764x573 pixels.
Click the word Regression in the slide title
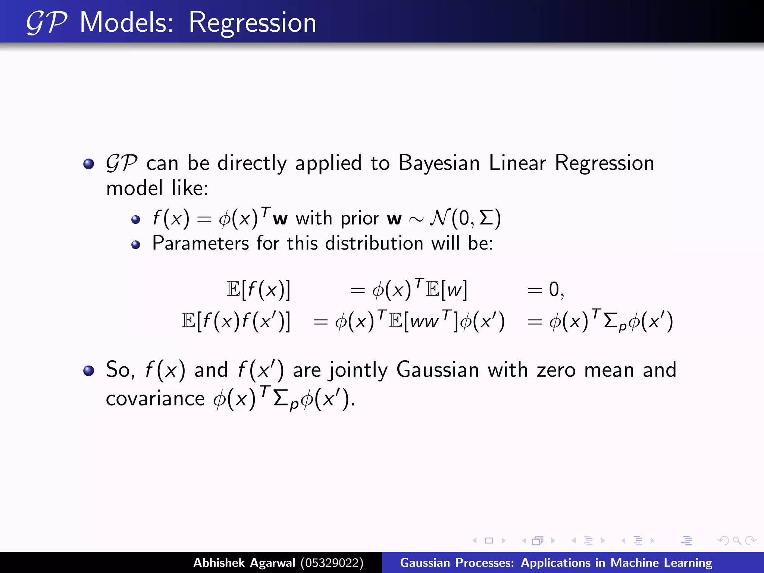click(252, 23)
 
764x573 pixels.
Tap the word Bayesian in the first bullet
click(439, 163)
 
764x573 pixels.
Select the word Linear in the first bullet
click(517, 163)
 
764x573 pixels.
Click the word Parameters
click(200, 244)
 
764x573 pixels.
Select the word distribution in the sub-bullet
click(374, 244)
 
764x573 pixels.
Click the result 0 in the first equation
click(554, 289)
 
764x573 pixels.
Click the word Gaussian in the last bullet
click(437, 370)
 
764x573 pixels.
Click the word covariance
click(155, 399)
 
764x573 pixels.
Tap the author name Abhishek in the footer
click(219, 563)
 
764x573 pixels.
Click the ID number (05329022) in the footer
click(332, 563)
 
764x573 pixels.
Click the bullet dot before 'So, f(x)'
click(89, 370)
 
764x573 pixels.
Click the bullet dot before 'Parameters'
click(136, 245)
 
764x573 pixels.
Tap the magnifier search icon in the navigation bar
click(737, 541)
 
